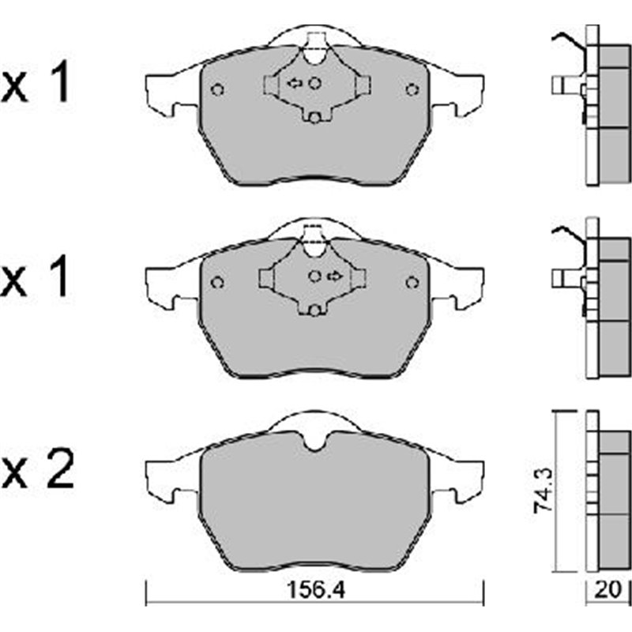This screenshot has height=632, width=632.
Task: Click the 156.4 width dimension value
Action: point(314,592)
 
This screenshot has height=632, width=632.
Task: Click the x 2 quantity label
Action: point(38,473)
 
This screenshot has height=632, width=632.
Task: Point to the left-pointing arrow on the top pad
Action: point(294,82)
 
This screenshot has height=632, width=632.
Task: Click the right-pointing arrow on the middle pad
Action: point(334,276)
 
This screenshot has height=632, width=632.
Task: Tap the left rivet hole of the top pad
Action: point(219,88)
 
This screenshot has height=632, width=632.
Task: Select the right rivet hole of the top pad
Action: point(412,88)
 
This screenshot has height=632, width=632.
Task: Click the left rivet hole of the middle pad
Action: point(219,282)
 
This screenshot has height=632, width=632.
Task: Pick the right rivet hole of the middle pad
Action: point(412,282)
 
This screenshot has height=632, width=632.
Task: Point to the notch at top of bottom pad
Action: point(314,442)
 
